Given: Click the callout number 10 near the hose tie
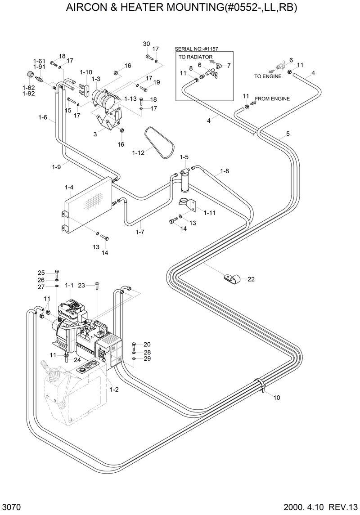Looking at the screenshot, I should point(276,398).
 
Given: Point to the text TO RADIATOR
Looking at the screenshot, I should point(195,57).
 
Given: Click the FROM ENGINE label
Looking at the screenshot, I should point(272,99).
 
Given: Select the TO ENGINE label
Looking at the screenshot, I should point(268,76).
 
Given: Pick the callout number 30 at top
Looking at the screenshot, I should point(146,44).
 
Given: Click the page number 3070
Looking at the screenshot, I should point(10,507).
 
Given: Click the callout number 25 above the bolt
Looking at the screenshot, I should point(41,273).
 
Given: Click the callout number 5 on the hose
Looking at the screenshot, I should point(288,134).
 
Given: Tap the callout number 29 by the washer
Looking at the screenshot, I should point(147,358).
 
